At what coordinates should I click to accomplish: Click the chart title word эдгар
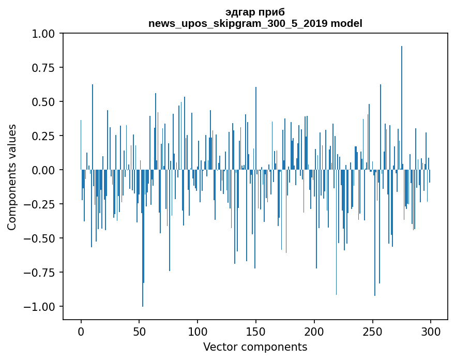[237, 12]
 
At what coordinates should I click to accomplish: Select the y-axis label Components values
[12, 177]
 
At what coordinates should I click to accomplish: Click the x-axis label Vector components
[255, 347]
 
